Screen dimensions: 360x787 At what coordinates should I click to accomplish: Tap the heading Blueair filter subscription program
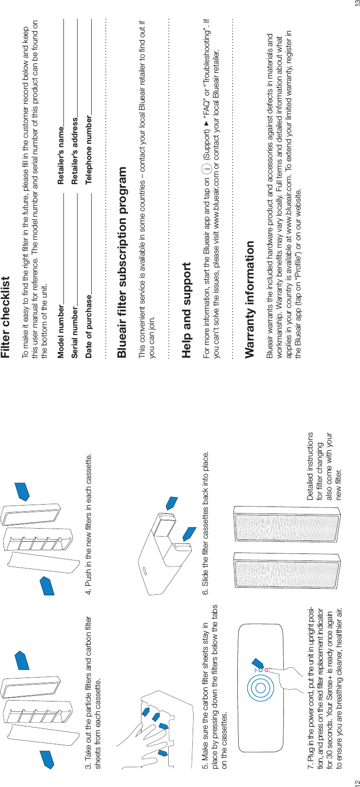pyautogui.click(x=122, y=256)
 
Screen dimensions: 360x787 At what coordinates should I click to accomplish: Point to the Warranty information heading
pyautogui.click(x=250, y=292)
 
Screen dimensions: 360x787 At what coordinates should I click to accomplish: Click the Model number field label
pyautogui.click(x=61, y=325)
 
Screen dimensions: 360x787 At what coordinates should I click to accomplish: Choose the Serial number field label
pyautogui.click(x=75, y=326)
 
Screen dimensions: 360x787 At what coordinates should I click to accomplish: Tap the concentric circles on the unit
pyautogui.click(x=258, y=688)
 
